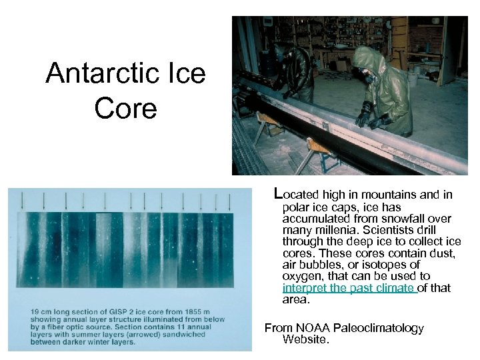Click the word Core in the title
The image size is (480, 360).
[x=125, y=107]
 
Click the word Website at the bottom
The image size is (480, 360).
[x=305, y=340]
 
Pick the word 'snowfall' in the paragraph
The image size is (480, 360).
[x=407, y=218]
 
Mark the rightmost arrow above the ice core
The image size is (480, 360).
[x=230, y=199]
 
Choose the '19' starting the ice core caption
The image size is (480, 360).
[x=31, y=311]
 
